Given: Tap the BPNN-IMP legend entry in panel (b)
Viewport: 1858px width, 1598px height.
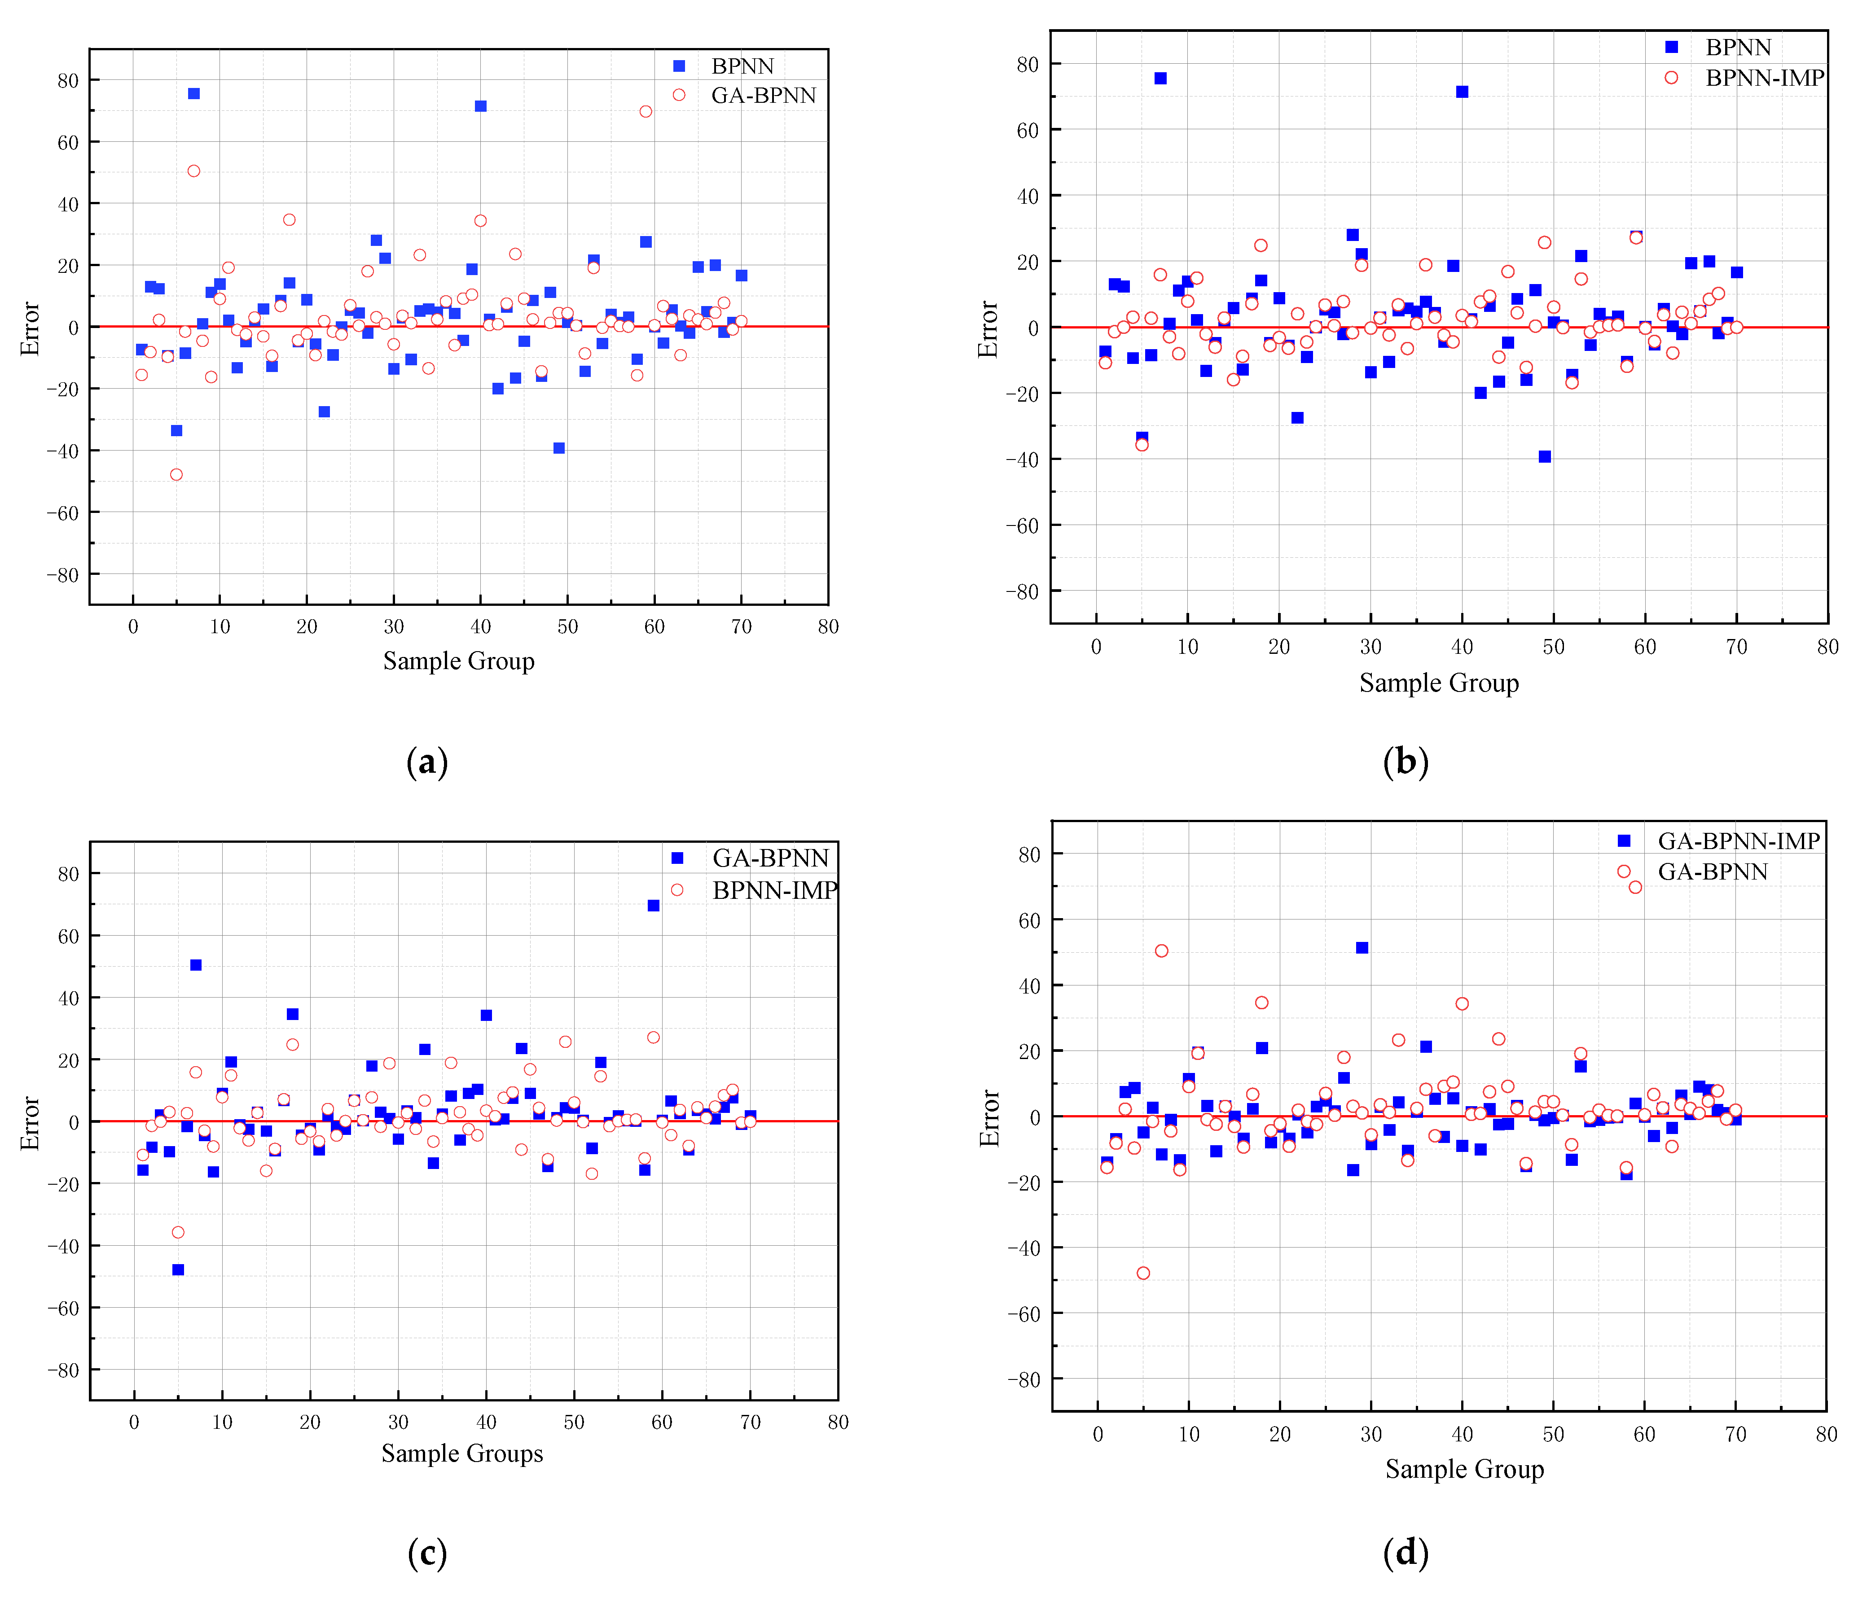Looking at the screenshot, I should pyautogui.click(x=1763, y=78).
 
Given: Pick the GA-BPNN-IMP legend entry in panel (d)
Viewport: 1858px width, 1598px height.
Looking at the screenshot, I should pyautogui.click(x=1738, y=841).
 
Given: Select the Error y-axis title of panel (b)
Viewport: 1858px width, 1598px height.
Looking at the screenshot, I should pyautogui.click(x=988, y=329).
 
